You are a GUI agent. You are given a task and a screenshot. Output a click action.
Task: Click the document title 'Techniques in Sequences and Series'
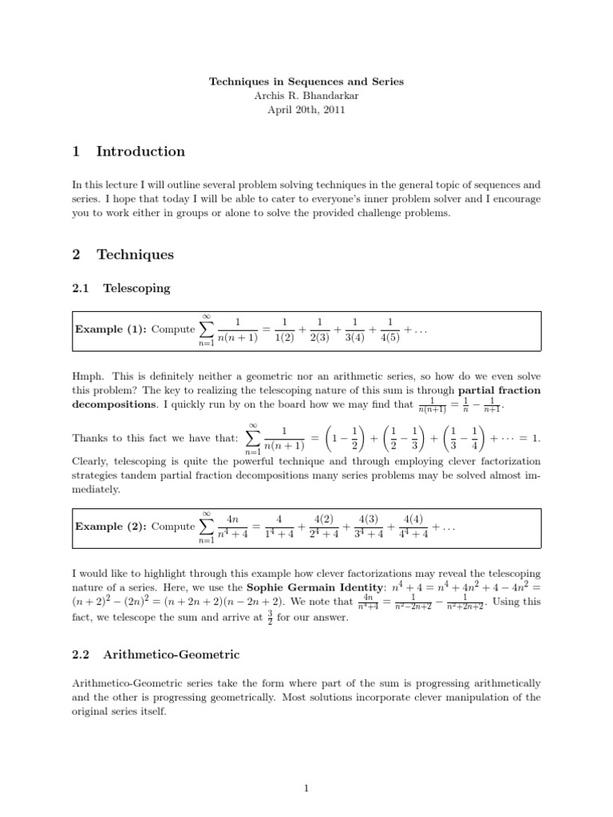click(306, 81)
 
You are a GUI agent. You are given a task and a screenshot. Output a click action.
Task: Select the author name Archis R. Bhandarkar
click(306, 96)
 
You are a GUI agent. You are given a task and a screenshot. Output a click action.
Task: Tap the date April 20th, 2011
click(306, 110)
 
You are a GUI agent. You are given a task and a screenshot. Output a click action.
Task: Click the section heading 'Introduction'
click(140, 152)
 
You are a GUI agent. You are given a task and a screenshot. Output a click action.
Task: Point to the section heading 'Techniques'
click(135, 255)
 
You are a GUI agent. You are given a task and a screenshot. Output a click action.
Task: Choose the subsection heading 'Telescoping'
click(136, 288)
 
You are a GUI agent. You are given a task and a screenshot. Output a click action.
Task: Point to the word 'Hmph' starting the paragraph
click(87, 377)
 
